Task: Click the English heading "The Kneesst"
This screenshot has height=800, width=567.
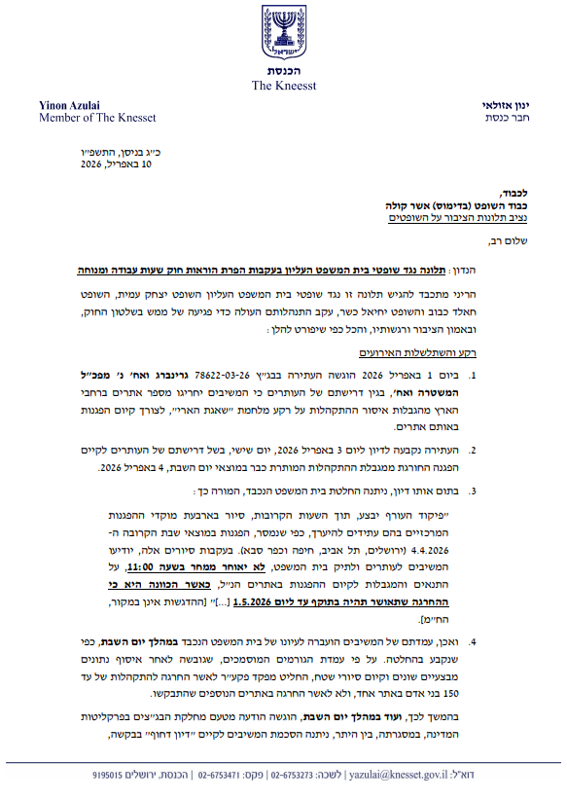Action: point(283,86)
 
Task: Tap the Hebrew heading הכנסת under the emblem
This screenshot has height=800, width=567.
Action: point(283,72)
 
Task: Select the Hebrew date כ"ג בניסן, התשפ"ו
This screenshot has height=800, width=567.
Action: point(113,153)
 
